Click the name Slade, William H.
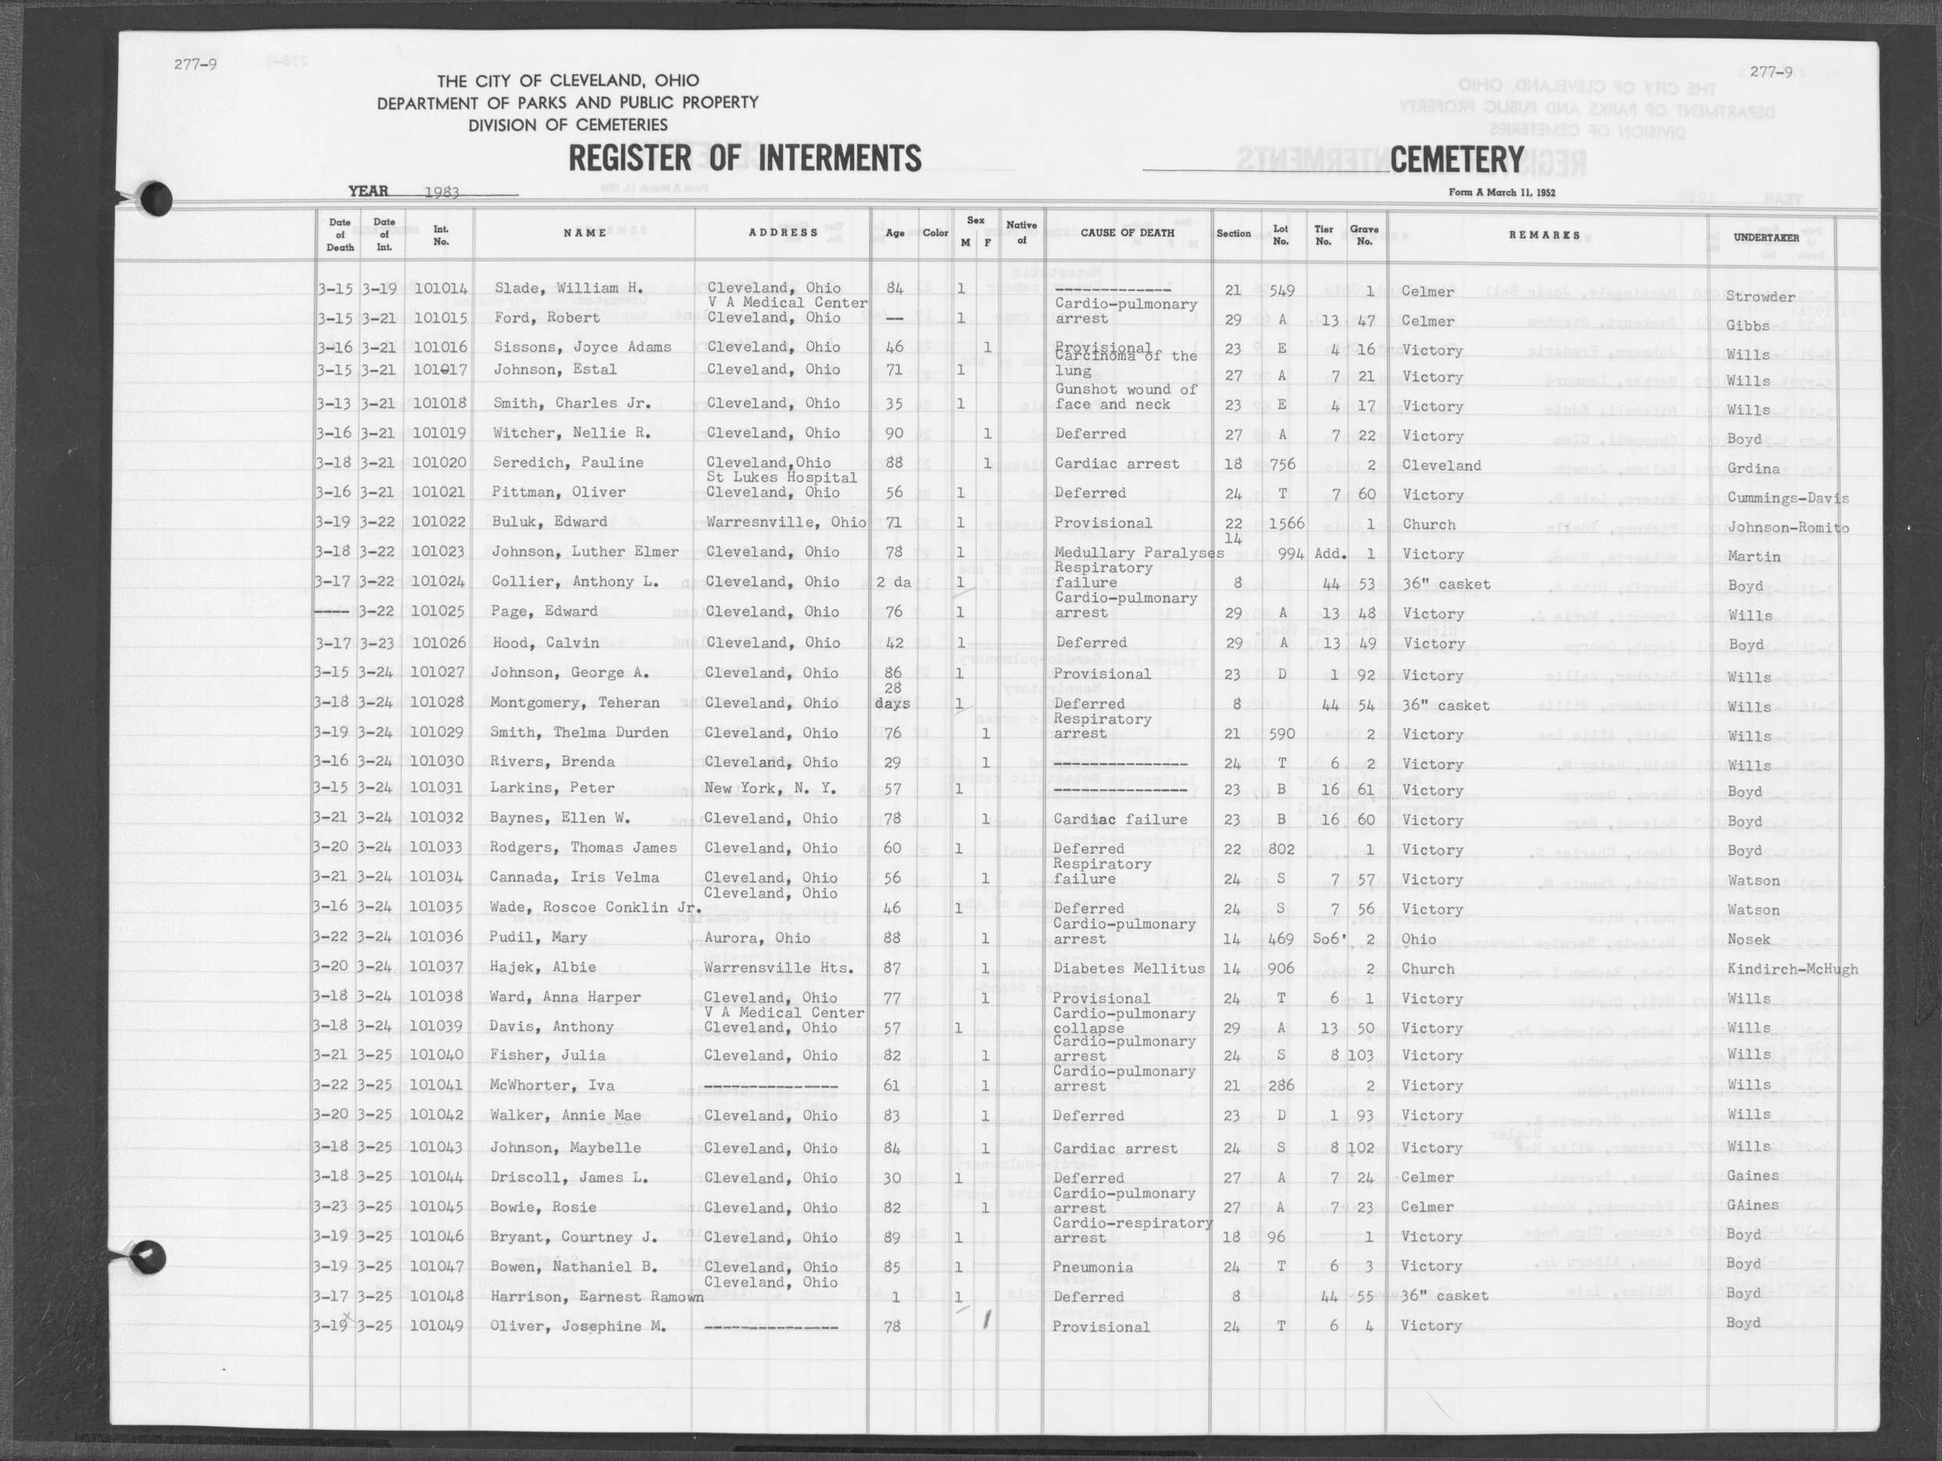(x=569, y=288)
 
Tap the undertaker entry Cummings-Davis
(x=1787, y=498)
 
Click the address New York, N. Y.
(x=770, y=788)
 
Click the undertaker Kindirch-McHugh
(x=1792, y=970)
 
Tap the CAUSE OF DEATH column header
(x=1126, y=234)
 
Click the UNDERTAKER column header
(x=1765, y=238)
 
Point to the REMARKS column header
(x=1544, y=235)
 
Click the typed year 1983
(x=441, y=192)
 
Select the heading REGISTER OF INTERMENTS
(x=744, y=159)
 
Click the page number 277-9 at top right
(x=1771, y=73)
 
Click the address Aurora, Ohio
(x=757, y=938)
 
